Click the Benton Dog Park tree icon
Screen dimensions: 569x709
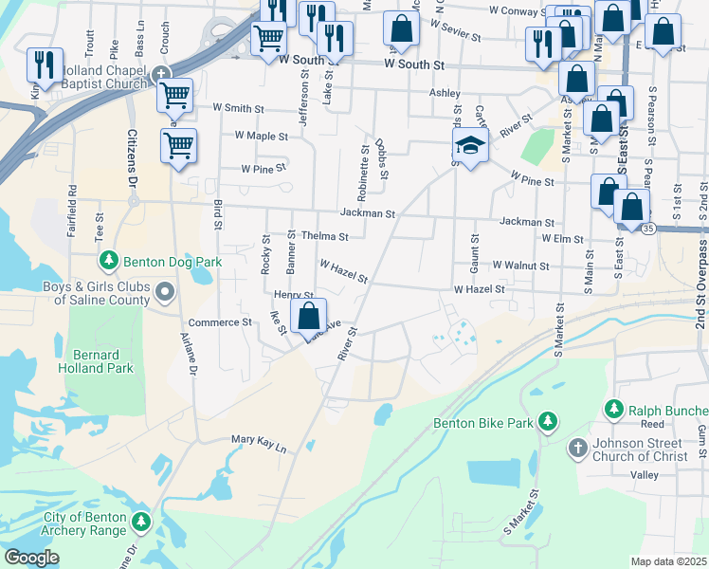point(109,260)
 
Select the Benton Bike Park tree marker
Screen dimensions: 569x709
point(547,421)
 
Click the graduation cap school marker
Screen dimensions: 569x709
point(469,146)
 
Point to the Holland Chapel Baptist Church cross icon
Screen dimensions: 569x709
point(162,74)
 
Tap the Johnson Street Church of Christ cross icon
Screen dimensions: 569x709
point(577,446)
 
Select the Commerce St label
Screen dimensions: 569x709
point(220,322)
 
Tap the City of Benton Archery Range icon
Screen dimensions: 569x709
point(141,522)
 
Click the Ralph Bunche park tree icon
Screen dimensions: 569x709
point(613,410)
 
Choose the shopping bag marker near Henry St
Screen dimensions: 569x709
point(308,317)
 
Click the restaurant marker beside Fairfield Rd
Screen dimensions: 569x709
point(45,65)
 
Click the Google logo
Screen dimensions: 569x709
point(31,558)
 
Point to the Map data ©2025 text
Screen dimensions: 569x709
point(668,561)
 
